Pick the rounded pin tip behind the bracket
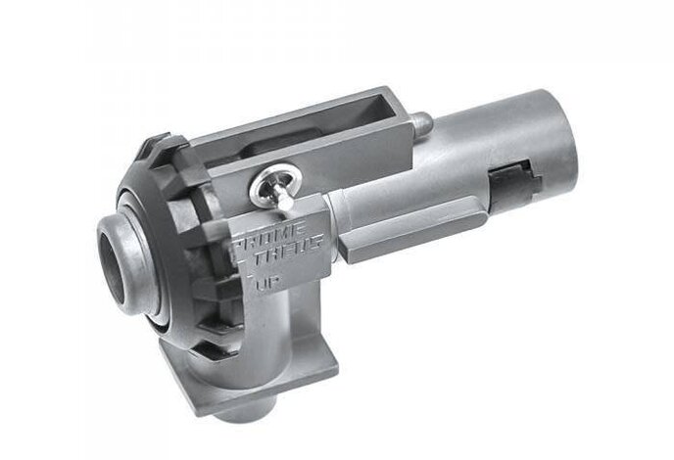click(x=420, y=122)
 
